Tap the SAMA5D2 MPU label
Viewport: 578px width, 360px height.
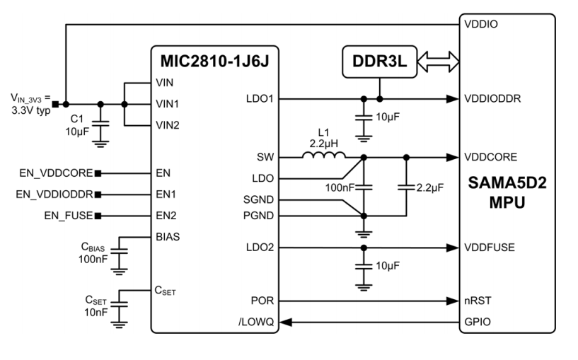pyautogui.click(x=507, y=192)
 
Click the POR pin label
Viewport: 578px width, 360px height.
pyautogui.click(x=262, y=300)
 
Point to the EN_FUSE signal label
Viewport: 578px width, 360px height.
pyautogui.click(x=66, y=214)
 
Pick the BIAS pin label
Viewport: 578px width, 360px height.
pyautogui.click(x=167, y=236)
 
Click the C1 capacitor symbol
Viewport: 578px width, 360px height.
pyautogui.click(x=101, y=123)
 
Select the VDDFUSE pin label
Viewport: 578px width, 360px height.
pyautogui.click(x=489, y=247)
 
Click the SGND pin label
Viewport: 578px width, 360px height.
pyautogui.click(x=258, y=200)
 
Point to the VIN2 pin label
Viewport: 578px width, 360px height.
pyautogui.click(x=167, y=124)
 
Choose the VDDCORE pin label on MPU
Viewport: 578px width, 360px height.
pyautogui.click(x=490, y=156)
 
